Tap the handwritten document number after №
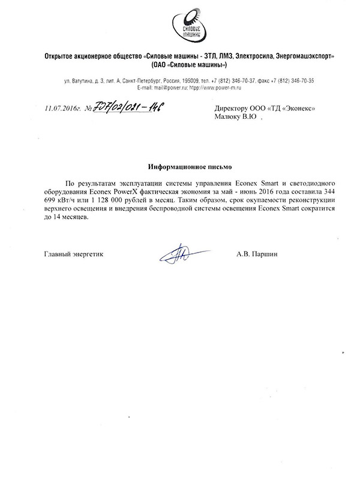[x=126, y=107]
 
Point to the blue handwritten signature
[x=179, y=254]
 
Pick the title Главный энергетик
[x=73, y=254]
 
